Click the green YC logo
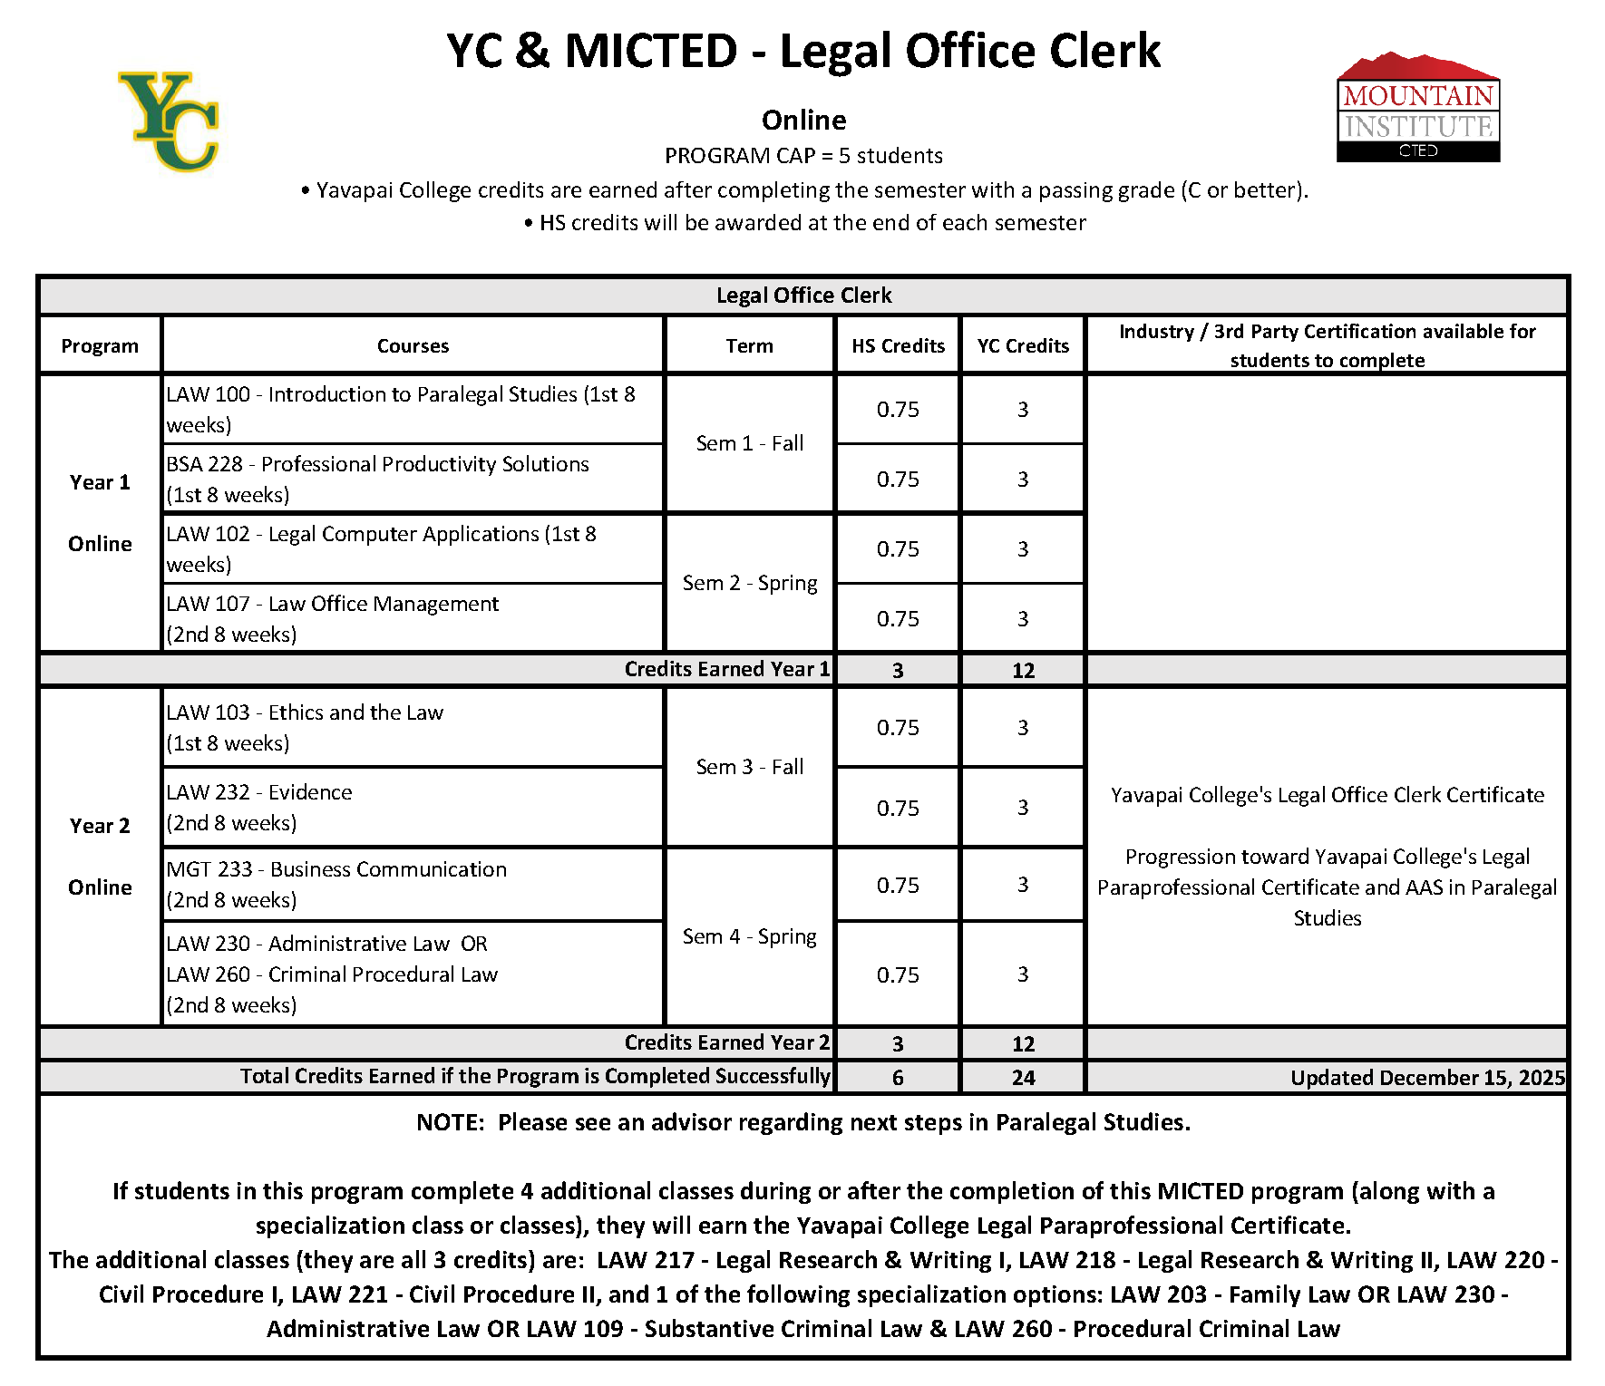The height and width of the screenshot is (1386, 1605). (x=170, y=121)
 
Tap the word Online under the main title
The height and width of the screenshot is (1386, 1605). (x=803, y=120)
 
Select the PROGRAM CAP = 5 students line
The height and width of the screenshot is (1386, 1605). (x=803, y=156)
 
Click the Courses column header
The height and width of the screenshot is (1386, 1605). (x=413, y=345)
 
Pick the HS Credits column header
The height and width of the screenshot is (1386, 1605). (x=898, y=345)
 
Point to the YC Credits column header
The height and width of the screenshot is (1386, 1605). (x=1023, y=345)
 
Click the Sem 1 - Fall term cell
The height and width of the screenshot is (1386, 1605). (x=749, y=443)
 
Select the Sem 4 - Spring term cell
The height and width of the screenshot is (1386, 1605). (x=749, y=936)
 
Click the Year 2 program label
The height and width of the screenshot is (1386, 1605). (x=100, y=826)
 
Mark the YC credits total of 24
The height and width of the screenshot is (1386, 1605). (x=1023, y=1077)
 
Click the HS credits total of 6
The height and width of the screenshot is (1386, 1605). (x=898, y=1077)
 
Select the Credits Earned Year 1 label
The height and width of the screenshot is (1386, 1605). (x=726, y=669)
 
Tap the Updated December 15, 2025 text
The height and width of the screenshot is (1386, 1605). (x=1427, y=1077)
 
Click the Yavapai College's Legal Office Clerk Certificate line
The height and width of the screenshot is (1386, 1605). (x=1327, y=795)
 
